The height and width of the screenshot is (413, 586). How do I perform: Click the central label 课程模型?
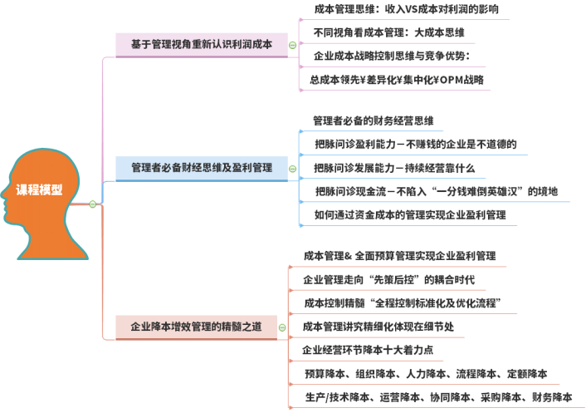[39, 189]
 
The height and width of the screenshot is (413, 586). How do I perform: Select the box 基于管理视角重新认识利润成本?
[201, 45]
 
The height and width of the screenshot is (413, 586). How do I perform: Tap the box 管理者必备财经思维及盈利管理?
[202, 168]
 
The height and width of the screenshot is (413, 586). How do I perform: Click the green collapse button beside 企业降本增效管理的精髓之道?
[282, 327]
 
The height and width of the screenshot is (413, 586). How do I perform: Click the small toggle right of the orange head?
[93, 204]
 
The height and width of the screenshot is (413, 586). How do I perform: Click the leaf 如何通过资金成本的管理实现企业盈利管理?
[409, 214]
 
